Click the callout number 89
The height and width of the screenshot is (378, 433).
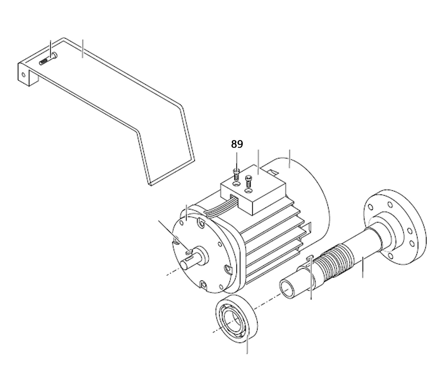click(x=237, y=144)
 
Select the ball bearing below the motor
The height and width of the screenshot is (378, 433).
click(x=236, y=321)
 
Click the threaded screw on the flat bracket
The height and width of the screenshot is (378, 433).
click(x=48, y=59)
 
